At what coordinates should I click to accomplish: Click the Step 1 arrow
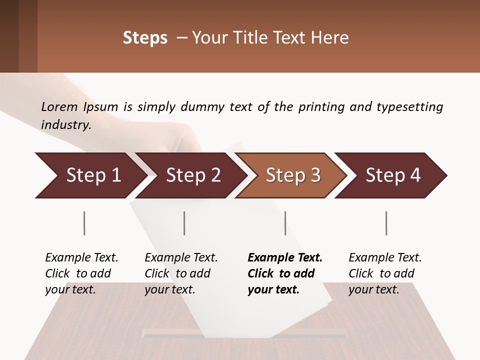click(90, 175)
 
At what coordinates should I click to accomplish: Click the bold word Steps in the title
click(145, 38)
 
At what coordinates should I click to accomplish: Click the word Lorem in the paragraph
click(59, 106)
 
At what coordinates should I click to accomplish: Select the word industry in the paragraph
click(65, 124)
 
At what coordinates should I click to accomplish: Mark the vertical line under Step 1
click(84, 223)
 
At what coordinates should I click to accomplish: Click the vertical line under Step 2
click(184, 223)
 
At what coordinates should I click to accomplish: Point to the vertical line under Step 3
click(285, 223)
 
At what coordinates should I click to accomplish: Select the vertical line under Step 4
click(386, 223)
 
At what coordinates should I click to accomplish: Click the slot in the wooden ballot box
click(170, 332)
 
